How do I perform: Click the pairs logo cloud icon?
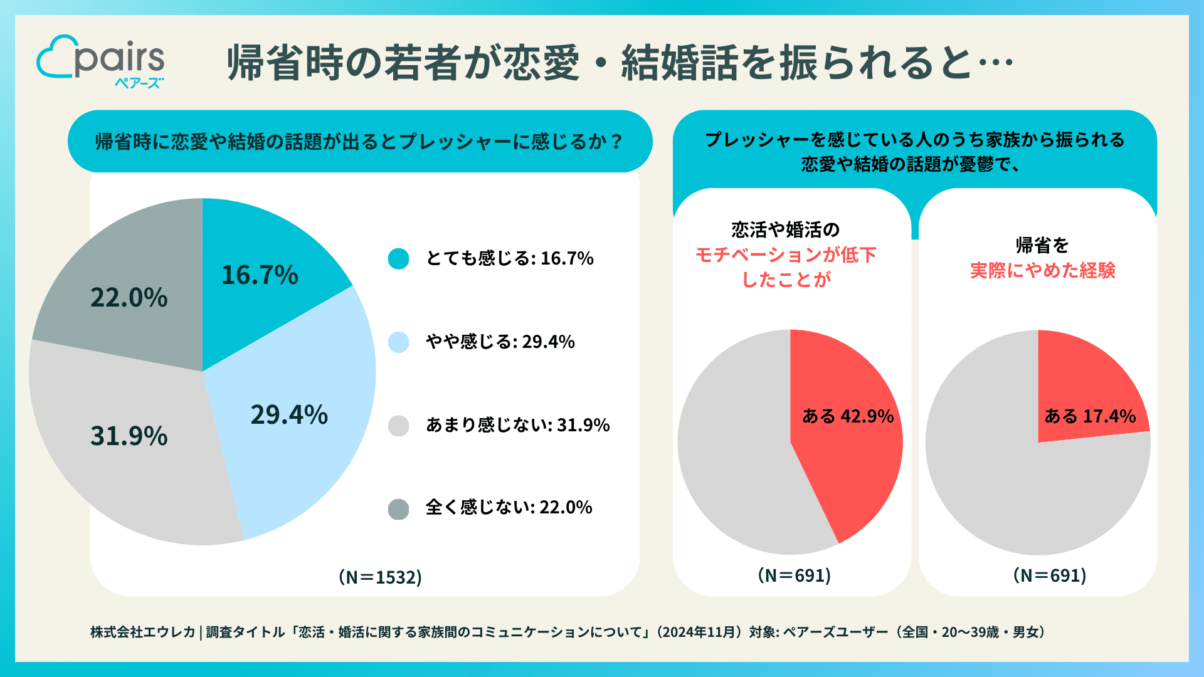tap(55, 58)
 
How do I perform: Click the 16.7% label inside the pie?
tap(260, 275)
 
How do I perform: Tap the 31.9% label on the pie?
tap(129, 436)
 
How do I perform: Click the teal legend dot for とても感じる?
tap(398, 258)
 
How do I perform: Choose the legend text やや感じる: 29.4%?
tap(500, 342)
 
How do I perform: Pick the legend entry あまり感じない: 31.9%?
tap(517, 425)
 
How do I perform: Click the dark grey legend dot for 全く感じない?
tap(398, 508)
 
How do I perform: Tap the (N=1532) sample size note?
tap(380, 577)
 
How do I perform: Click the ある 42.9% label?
tap(848, 416)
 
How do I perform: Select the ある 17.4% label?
tap(1090, 416)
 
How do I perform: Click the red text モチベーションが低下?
tap(786, 255)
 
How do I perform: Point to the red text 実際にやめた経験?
tap(1042, 271)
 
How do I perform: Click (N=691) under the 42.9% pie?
tap(794, 575)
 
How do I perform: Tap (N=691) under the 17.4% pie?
tap(1050, 575)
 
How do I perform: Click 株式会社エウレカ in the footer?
tap(143, 632)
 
